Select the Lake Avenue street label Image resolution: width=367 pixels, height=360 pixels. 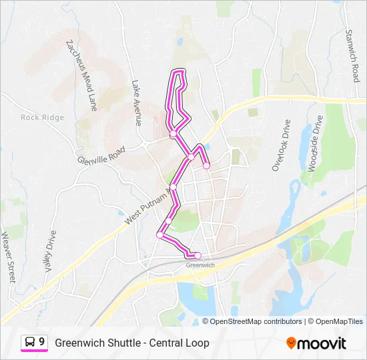coord(136,103)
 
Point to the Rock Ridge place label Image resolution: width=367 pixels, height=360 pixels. coord(42,118)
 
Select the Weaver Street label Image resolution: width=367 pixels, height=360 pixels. coord(8,257)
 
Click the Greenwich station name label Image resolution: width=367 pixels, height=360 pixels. coord(200,265)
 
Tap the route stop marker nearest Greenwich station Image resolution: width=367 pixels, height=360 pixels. coord(198,255)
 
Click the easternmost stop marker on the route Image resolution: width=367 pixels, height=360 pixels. coord(207,166)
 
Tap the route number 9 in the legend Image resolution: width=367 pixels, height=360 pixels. coord(42,342)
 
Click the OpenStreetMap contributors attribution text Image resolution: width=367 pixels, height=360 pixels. coord(252,321)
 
